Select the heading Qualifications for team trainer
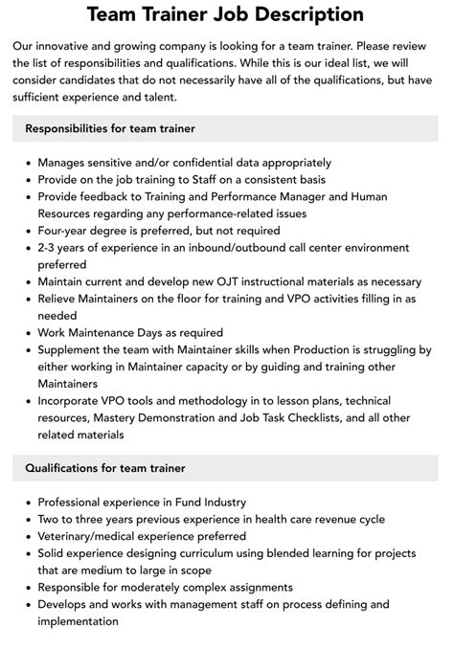(104, 468)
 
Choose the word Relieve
(60, 300)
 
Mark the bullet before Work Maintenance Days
(26, 334)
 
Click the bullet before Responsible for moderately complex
(26, 588)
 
